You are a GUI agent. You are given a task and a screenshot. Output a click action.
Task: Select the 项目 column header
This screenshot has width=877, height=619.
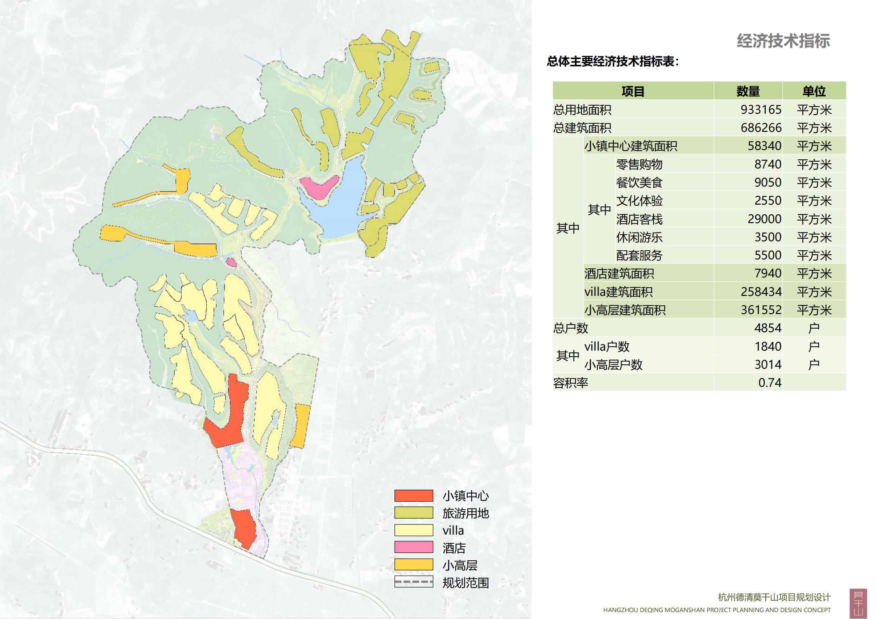(633, 91)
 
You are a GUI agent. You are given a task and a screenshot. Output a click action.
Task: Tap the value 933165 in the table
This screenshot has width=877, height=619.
(761, 110)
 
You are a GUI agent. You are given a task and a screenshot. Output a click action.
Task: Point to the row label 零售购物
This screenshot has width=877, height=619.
(639, 164)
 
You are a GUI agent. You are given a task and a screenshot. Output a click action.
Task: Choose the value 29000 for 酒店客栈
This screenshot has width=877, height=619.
(764, 219)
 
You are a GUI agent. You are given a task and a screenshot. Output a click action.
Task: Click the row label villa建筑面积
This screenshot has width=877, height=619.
(618, 292)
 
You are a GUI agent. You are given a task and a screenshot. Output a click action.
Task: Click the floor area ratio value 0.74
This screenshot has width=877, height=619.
(770, 383)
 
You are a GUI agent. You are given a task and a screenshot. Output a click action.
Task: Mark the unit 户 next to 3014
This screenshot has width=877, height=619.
(814, 365)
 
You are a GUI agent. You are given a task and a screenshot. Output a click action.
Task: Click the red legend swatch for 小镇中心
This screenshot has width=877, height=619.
(414, 496)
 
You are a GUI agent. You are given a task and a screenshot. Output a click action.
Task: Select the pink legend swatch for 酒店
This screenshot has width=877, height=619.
(414, 547)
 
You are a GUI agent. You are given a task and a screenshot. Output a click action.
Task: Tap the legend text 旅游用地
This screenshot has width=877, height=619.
(465, 513)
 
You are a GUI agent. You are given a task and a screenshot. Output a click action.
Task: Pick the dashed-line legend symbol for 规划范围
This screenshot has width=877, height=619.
(414, 582)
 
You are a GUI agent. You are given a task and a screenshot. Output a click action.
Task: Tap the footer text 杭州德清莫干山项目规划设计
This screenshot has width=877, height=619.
(774, 597)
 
